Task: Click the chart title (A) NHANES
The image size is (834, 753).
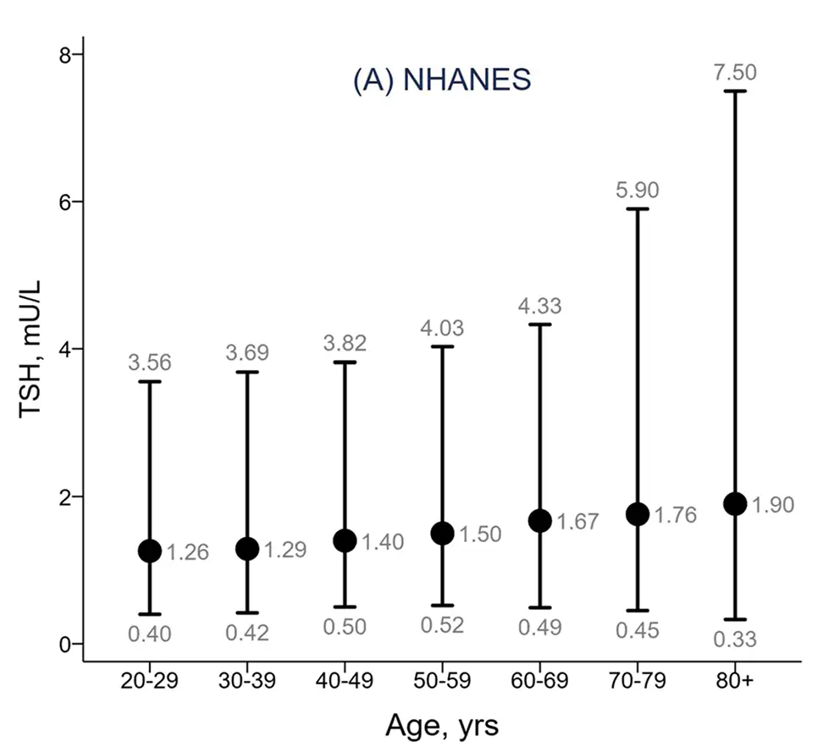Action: [x=441, y=79]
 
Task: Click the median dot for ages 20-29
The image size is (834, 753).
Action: [x=150, y=551]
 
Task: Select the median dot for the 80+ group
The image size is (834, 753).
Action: [x=735, y=503]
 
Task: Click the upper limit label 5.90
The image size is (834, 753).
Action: [x=637, y=191]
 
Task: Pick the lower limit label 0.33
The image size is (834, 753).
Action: [x=735, y=639]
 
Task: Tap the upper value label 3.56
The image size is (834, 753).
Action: [x=150, y=363]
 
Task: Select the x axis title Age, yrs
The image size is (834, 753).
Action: [x=441, y=726]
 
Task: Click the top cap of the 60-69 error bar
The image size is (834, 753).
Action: [x=539, y=324]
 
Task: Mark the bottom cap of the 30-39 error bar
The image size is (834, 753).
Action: [x=247, y=612]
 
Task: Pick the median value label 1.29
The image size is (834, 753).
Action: [x=284, y=550]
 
